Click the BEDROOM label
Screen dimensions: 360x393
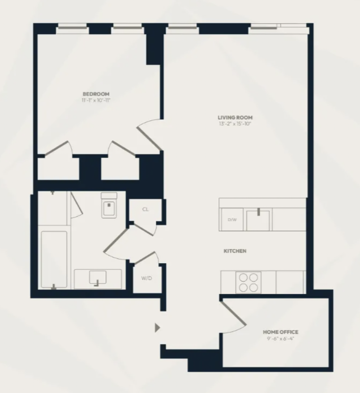pos(96,94)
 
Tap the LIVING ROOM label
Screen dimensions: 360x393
pos(235,117)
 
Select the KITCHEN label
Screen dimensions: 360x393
pos(235,251)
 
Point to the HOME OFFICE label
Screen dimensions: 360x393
pos(281,332)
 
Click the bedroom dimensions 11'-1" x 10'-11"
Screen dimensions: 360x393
pos(96,100)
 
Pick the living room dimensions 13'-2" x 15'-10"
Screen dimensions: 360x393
pos(235,124)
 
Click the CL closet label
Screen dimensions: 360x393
pos(146,209)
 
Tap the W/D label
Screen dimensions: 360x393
pos(147,278)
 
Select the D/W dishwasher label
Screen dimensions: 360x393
pos(232,220)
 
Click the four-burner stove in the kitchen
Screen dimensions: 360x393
pos(249,282)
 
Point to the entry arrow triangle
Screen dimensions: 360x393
pos(158,328)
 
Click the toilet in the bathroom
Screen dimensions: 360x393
pos(109,205)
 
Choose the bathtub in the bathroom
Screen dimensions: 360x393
pos(54,260)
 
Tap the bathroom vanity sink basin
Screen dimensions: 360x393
pos(98,277)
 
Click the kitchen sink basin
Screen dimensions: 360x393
pos(258,221)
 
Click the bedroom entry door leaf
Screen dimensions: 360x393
pos(149,139)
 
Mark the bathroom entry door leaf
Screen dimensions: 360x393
pos(116,239)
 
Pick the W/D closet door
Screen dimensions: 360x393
pos(145,257)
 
